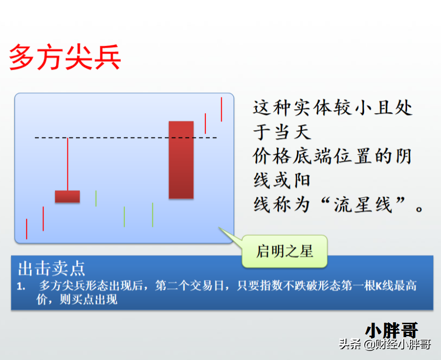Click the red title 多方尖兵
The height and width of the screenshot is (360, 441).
point(65,56)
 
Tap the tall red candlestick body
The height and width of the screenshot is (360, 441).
point(181,159)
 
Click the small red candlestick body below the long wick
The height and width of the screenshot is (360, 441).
point(67,196)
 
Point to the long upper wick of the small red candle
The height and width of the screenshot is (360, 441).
point(67,164)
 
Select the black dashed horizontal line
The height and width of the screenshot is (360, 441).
point(126,138)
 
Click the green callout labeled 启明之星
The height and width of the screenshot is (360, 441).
point(285,251)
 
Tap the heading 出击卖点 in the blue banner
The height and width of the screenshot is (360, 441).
point(52,268)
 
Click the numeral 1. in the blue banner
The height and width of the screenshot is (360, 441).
point(22,286)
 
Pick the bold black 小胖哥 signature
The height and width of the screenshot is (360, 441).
point(392,330)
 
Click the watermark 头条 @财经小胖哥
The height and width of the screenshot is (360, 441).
point(385,344)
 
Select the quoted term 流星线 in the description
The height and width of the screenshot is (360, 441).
point(363,205)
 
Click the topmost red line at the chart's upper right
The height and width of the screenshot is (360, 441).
point(221,109)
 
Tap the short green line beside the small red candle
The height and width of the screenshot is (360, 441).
point(96,199)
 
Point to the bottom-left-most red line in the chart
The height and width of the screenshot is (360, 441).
point(27,229)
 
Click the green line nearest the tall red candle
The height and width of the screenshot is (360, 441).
point(152,215)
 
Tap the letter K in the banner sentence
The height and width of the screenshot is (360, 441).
point(378,286)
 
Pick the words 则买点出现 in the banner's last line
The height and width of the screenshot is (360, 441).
point(88,299)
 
